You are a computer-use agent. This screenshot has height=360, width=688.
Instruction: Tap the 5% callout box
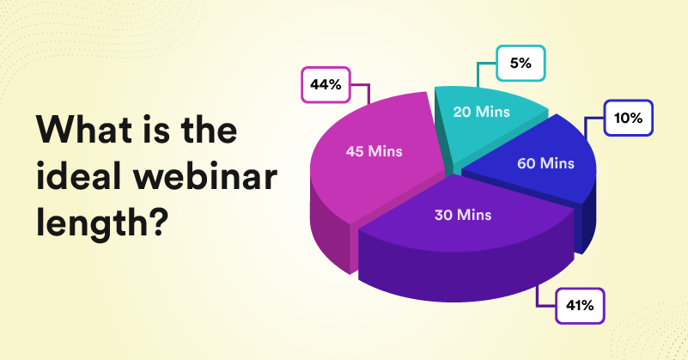coord(521,63)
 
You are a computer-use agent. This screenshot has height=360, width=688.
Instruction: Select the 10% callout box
coord(629,119)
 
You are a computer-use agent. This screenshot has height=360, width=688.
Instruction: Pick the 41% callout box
coord(581,305)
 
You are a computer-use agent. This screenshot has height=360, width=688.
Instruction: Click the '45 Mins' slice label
coord(374,151)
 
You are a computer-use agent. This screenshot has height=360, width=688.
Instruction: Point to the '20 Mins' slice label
coord(482,111)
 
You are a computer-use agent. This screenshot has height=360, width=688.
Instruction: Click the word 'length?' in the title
coord(100,224)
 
